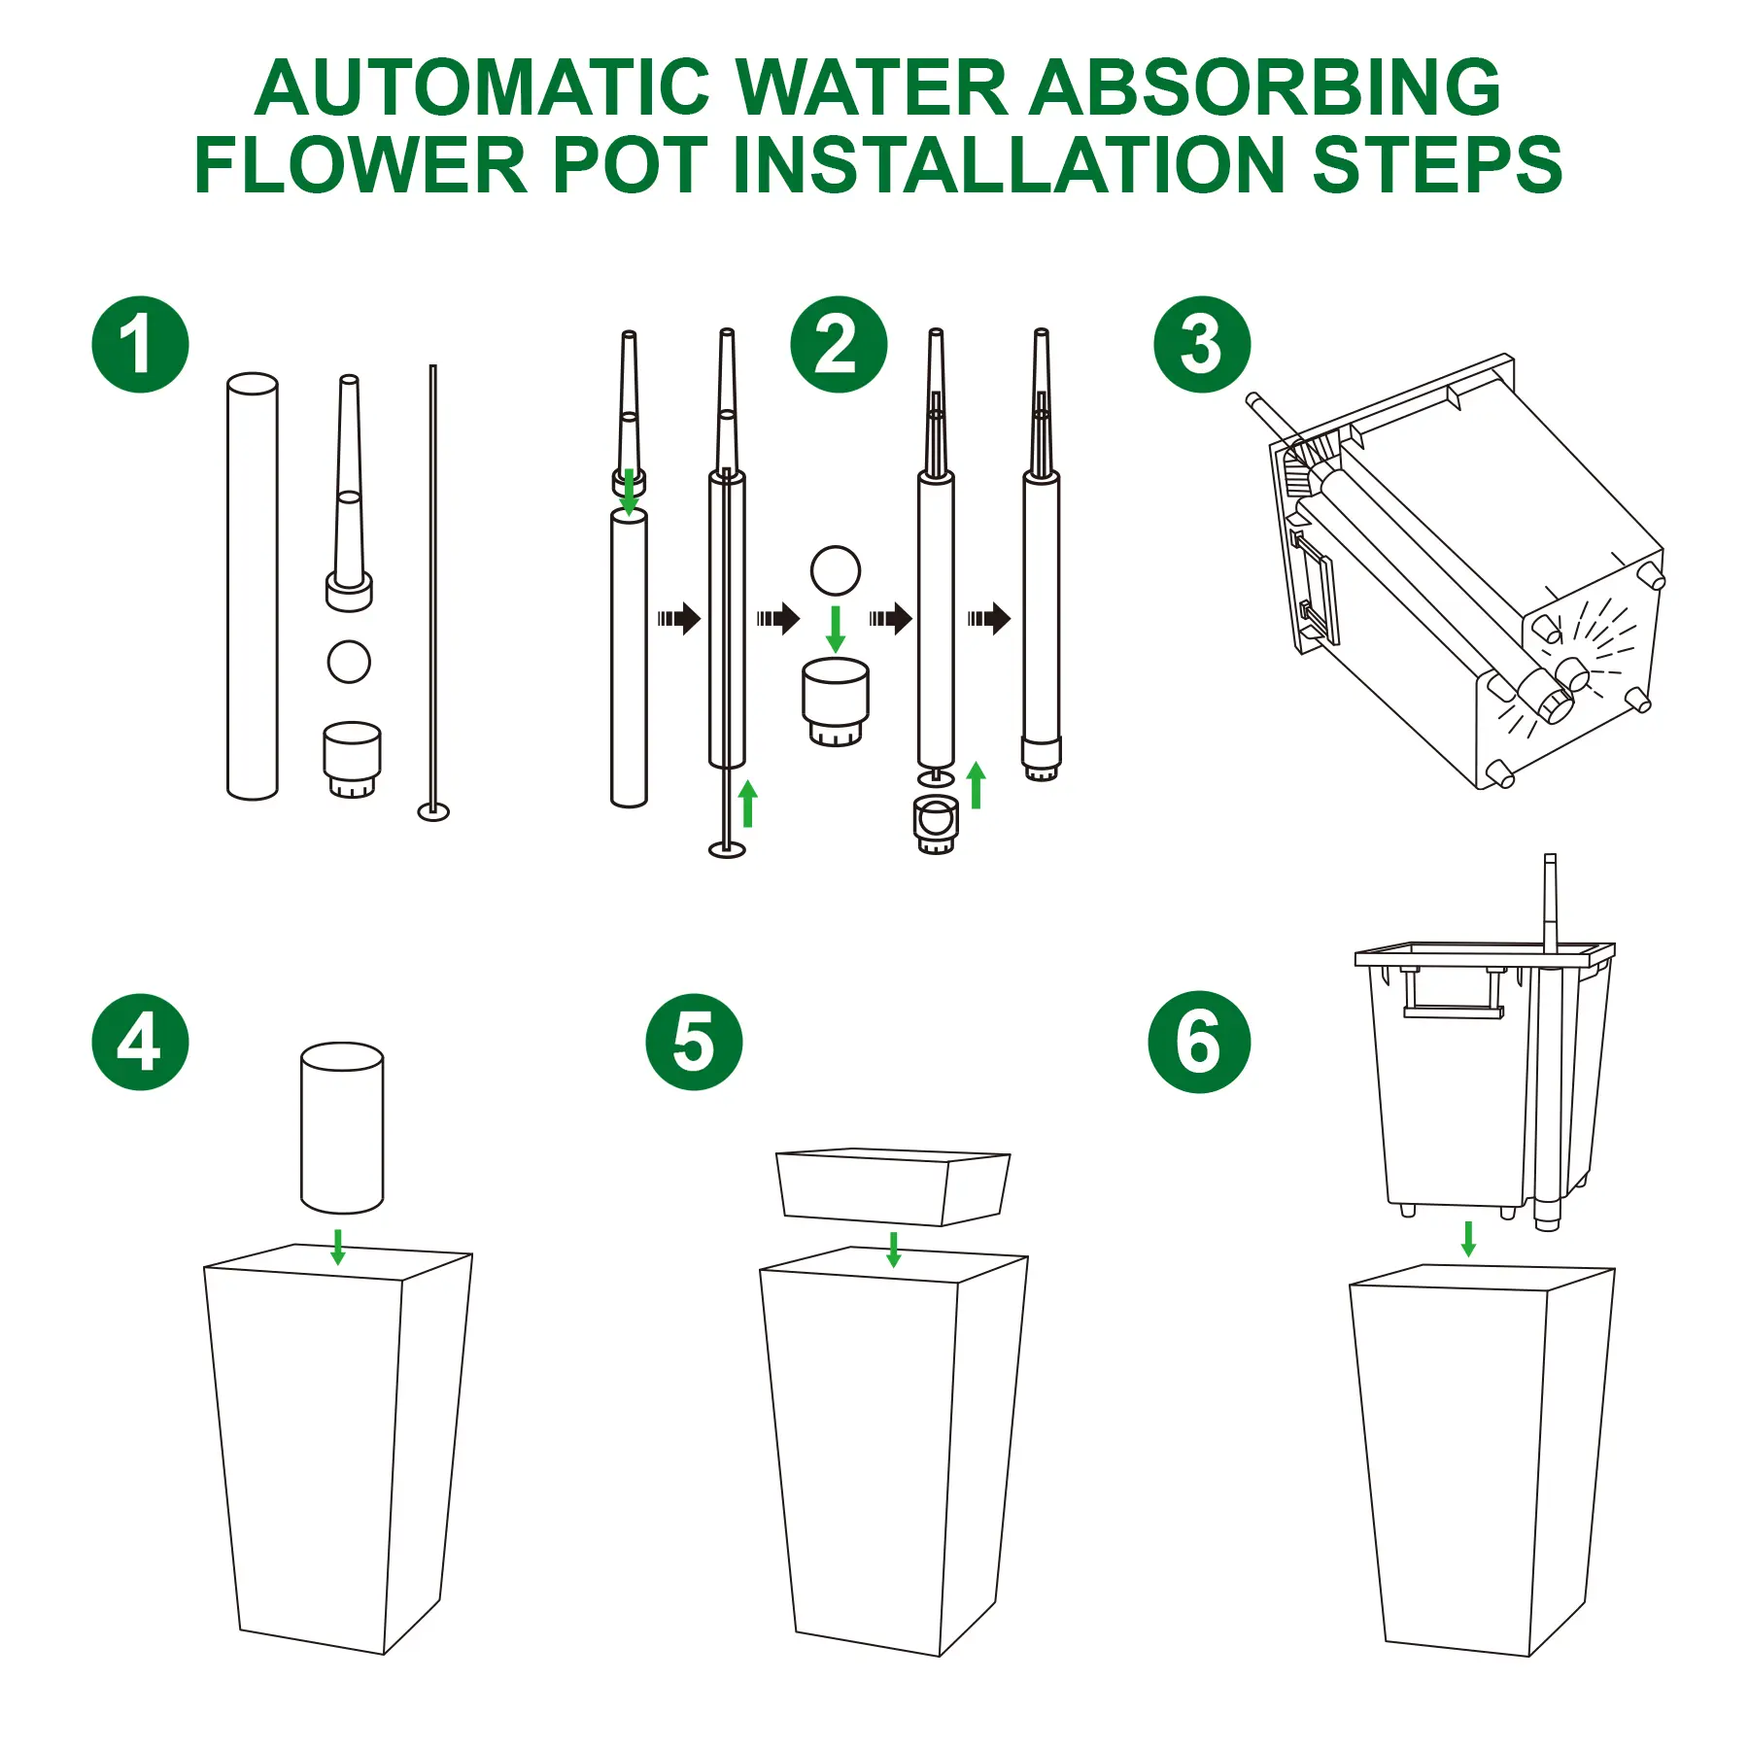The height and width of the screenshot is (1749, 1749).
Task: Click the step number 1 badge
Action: pos(140,345)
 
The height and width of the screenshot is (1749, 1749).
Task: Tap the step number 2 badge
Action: pos(839,345)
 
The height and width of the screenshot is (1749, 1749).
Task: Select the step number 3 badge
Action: pos(1202,345)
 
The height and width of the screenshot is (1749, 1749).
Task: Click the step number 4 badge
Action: pos(140,1042)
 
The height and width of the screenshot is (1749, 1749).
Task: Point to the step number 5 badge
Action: pos(694,1042)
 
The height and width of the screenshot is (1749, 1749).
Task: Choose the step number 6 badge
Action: pos(1199,1042)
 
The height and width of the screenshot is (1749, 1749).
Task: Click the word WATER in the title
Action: pos(871,87)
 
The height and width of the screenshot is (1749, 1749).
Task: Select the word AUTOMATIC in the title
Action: pos(483,87)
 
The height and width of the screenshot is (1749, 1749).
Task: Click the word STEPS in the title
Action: pos(1437,164)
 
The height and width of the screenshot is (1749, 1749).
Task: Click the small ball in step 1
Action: pos(349,662)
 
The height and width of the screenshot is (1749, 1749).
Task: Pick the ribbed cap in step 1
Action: pos(352,760)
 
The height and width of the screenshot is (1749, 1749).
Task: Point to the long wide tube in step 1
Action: pos(253,586)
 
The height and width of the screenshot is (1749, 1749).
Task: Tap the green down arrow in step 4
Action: pos(338,1247)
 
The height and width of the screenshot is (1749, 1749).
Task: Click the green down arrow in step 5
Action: pos(894,1250)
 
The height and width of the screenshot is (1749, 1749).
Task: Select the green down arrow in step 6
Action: pos(1468,1239)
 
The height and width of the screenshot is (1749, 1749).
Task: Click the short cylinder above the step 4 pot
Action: pos(342,1128)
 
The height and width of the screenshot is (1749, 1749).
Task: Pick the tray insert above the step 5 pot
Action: pos(893,1187)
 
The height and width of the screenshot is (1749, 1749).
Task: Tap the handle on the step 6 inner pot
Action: pos(1454,993)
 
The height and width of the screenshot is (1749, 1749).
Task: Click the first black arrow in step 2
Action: pos(679,618)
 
